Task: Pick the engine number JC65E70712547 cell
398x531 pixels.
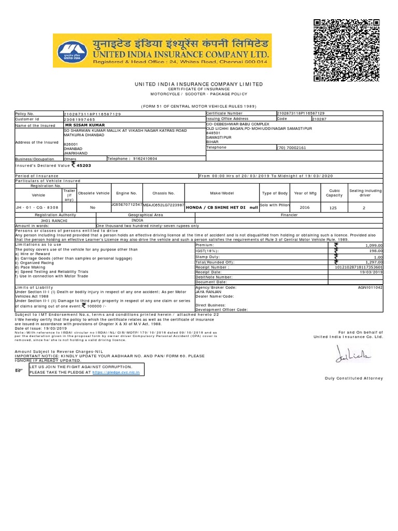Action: (x=126, y=205)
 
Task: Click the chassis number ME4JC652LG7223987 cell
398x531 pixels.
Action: (x=163, y=205)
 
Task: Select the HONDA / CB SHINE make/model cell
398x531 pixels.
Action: (x=221, y=206)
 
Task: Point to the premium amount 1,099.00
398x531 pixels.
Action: (x=373, y=245)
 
